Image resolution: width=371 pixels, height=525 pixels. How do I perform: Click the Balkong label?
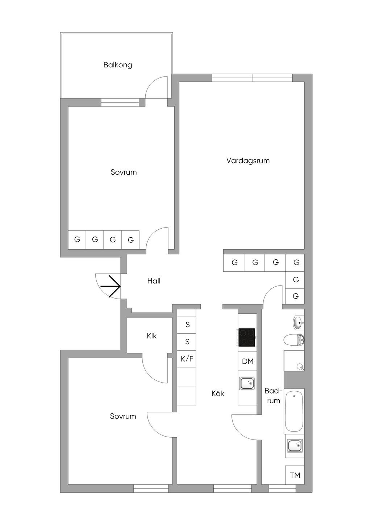[x=118, y=65]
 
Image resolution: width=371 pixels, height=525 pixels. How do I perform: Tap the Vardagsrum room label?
[x=248, y=161]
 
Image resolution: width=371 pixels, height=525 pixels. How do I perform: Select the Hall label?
[x=154, y=281]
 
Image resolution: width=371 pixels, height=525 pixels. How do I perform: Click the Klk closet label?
[x=151, y=336]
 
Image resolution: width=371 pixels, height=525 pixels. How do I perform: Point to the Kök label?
[x=218, y=393]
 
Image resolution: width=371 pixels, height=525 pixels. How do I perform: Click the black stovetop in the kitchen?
[x=247, y=337]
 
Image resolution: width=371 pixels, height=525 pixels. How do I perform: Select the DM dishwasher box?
[x=247, y=361]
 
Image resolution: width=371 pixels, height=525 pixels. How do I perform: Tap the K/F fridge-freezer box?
[x=187, y=359]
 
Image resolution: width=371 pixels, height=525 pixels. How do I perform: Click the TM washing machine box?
[x=295, y=475]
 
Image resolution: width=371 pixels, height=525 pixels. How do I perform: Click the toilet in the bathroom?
[x=294, y=340]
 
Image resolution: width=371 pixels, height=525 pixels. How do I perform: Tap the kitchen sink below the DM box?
[x=247, y=383]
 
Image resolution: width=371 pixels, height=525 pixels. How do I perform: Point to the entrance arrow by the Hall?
[x=111, y=286]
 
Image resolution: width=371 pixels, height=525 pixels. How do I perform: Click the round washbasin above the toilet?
[x=298, y=322]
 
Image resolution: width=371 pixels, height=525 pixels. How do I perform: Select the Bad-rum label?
[x=273, y=396]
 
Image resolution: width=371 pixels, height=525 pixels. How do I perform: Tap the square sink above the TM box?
[x=295, y=445]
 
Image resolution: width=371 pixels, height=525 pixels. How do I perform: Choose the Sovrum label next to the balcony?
[x=124, y=172]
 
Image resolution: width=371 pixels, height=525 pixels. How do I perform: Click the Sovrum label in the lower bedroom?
[x=123, y=416]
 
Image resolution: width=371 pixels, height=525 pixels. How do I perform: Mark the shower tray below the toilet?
[x=294, y=361]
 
